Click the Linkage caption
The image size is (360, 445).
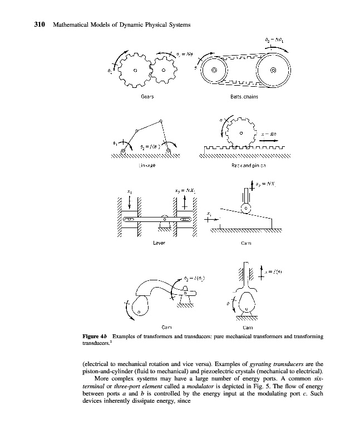[146, 165]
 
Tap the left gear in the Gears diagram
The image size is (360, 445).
[134, 70]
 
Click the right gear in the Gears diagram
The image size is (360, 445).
[164, 70]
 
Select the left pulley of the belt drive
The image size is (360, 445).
[214, 71]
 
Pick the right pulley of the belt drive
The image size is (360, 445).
[273, 71]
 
